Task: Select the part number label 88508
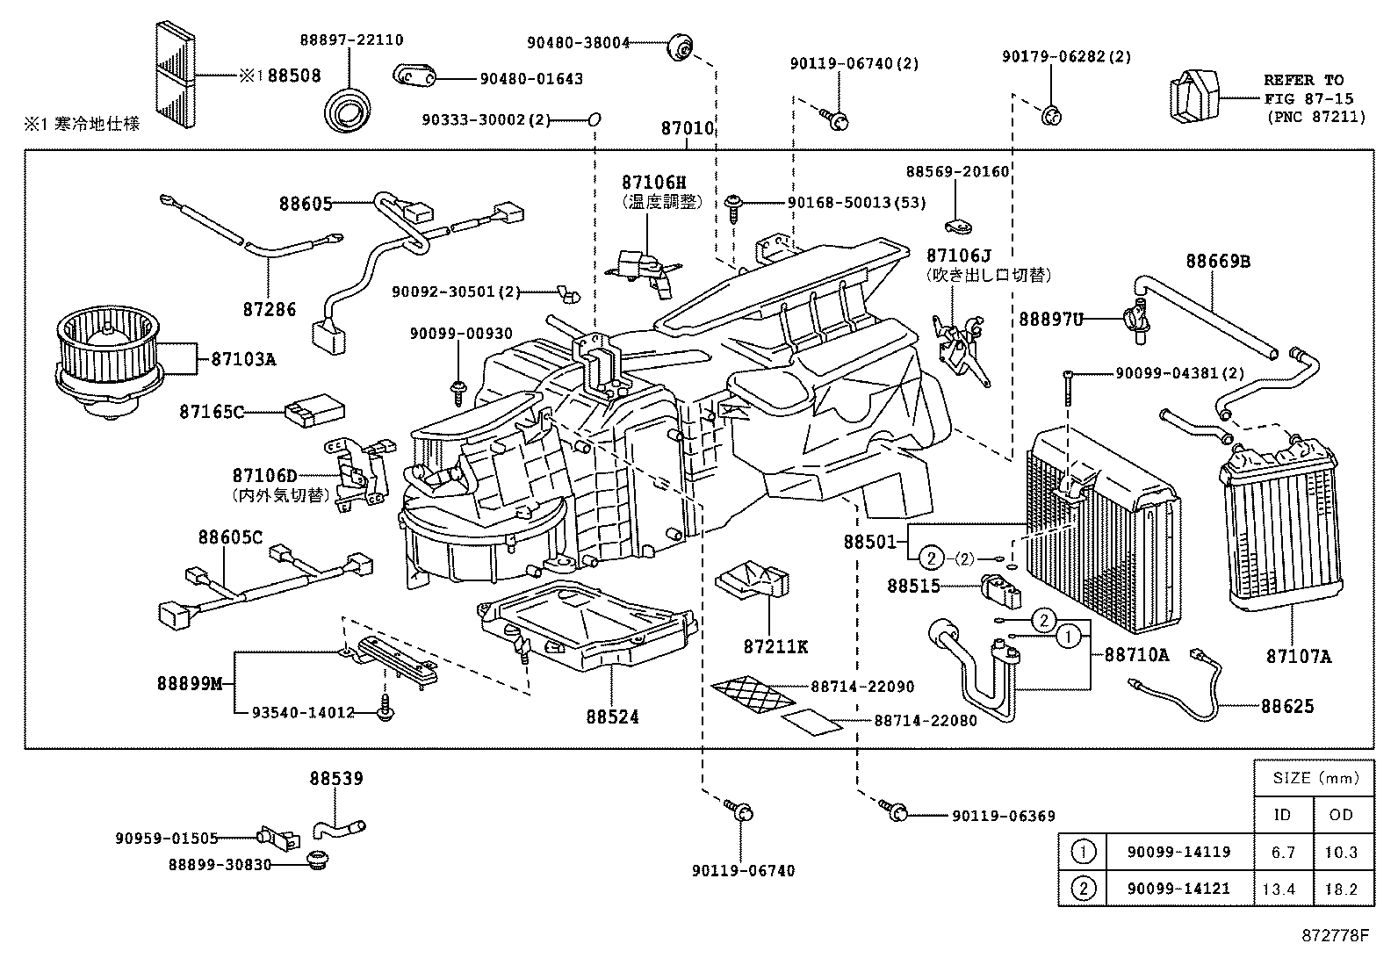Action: tap(293, 76)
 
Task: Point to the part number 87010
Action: tap(687, 129)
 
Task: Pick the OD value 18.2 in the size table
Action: tap(1341, 889)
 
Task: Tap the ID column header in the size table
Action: tap(1282, 815)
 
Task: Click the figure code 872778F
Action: tap(1334, 935)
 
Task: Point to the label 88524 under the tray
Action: tap(612, 717)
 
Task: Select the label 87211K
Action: tap(775, 647)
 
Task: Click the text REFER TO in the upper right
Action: tap(1303, 80)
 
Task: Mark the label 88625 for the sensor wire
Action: tap(1287, 705)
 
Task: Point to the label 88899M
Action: tap(190, 682)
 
